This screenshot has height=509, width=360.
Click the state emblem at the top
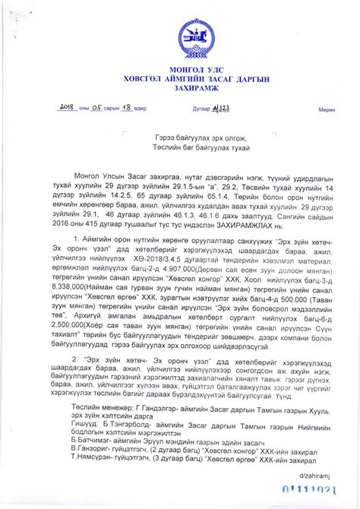(189, 36)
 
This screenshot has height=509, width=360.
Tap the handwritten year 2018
(71, 109)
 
